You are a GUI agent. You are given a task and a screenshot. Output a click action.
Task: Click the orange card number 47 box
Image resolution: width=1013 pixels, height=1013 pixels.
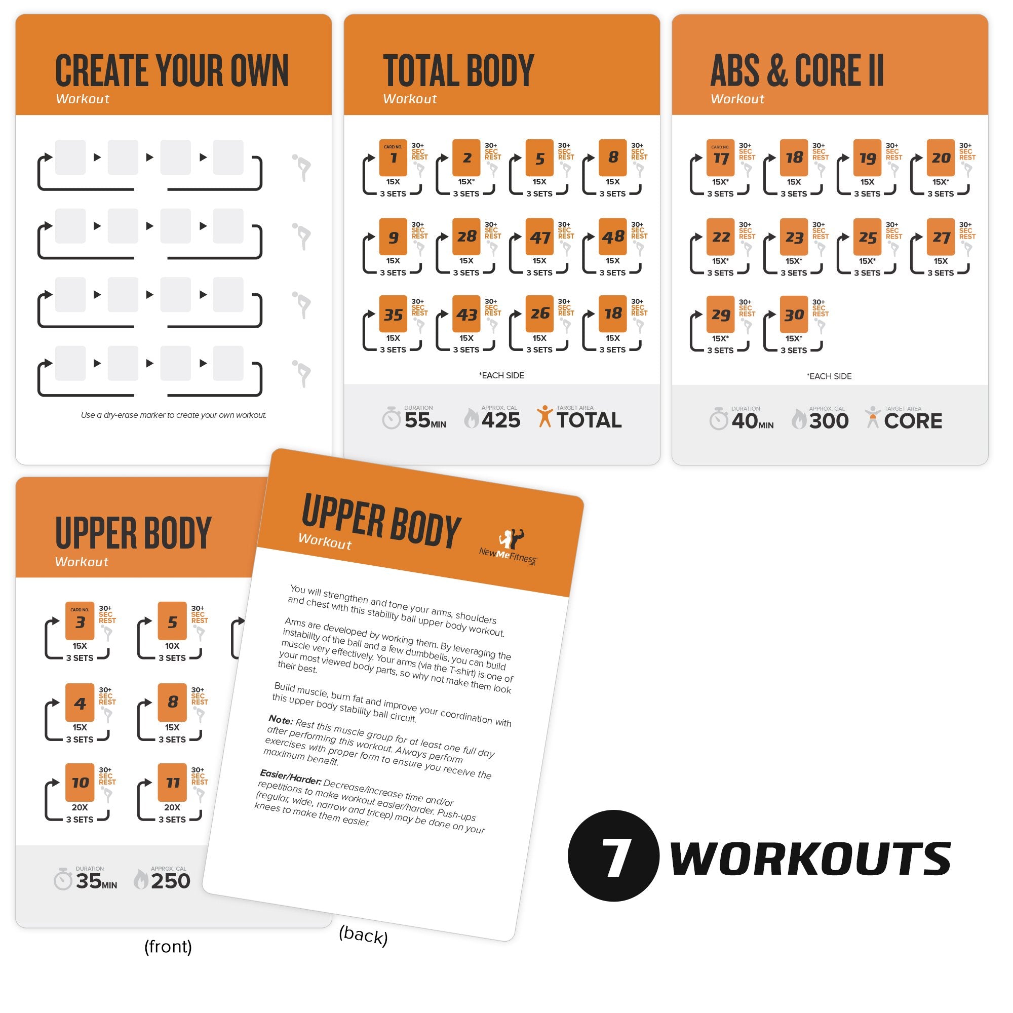point(539,237)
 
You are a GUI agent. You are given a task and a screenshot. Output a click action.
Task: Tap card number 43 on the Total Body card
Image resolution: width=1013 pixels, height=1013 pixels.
point(466,315)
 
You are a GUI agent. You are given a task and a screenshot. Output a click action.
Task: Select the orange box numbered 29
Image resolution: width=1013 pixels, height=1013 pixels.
point(720,315)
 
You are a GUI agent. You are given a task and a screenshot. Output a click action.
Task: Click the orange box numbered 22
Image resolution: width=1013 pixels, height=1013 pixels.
point(720,237)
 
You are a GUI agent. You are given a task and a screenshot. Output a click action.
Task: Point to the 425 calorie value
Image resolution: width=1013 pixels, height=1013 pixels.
point(501,420)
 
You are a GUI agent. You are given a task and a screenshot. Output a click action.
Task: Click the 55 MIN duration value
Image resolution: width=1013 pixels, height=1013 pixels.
point(425,420)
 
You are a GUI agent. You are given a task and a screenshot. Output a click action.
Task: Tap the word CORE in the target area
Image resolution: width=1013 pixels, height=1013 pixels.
point(913,421)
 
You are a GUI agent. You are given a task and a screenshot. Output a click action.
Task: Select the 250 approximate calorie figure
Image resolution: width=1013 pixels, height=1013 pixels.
point(170,881)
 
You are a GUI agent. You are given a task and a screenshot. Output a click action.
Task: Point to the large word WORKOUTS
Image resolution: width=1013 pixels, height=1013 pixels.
point(810,859)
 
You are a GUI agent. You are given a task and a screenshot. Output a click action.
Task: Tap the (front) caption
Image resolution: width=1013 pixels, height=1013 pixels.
point(168,947)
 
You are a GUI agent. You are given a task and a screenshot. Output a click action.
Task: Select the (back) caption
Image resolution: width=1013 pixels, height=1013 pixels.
point(363,935)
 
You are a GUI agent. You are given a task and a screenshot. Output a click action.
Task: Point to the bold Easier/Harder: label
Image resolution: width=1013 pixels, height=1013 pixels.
point(290,777)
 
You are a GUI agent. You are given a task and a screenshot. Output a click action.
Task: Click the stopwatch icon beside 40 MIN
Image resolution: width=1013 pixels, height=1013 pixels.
point(719,419)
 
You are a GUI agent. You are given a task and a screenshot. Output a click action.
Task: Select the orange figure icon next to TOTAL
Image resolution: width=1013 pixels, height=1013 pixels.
point(545,417)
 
